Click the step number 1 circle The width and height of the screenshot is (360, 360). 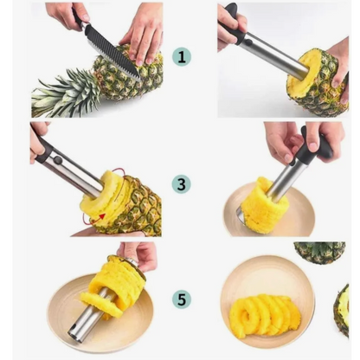pos(182,57)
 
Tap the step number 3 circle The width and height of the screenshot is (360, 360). pos(182,183)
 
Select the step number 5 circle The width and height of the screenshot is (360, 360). pos(182,299)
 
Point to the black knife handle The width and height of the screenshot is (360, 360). pos(78,17)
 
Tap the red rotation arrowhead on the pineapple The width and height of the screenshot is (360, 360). pos(101,216)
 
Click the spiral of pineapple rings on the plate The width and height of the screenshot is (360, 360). pos(265,313)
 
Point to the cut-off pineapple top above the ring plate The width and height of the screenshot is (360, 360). pos(319,252)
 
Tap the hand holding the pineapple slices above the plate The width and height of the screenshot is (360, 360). pos(138,255)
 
